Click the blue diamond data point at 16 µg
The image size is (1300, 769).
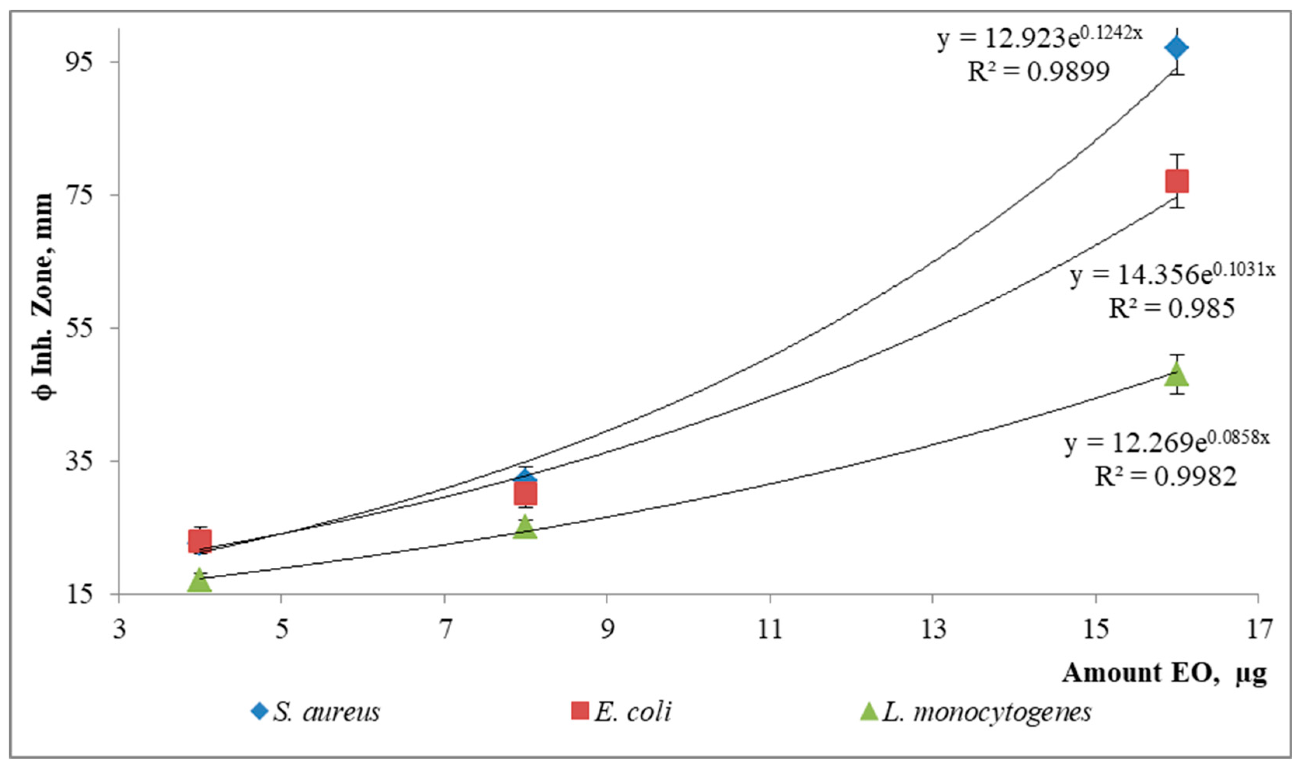1176,48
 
